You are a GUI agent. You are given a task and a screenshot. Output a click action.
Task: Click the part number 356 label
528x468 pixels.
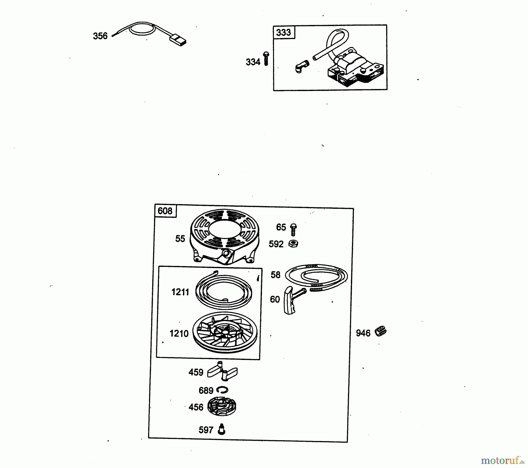[x=100, y=36]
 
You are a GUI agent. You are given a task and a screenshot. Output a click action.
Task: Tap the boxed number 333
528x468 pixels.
[x=283, y=32]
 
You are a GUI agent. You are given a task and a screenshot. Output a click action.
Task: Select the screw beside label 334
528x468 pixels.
[x=266, y=58]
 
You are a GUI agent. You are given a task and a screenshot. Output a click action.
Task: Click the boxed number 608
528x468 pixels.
[x=165, y=211]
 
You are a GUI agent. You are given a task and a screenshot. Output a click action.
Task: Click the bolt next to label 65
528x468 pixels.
[x=293, y=230]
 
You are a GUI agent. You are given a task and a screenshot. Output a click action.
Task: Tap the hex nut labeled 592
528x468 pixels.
[x=293, y=244]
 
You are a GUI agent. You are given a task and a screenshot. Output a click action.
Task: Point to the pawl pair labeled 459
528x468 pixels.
[x=222, y=371]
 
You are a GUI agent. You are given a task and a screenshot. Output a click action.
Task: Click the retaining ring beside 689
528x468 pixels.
[x=222, y=390]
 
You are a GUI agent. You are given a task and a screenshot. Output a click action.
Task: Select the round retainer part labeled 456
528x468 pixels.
[x=222, y=406]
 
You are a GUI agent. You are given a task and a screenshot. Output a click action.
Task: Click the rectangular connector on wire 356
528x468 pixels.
[x=178, y=40]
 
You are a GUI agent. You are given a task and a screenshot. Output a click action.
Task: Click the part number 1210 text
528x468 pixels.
[x=179, y=334]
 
